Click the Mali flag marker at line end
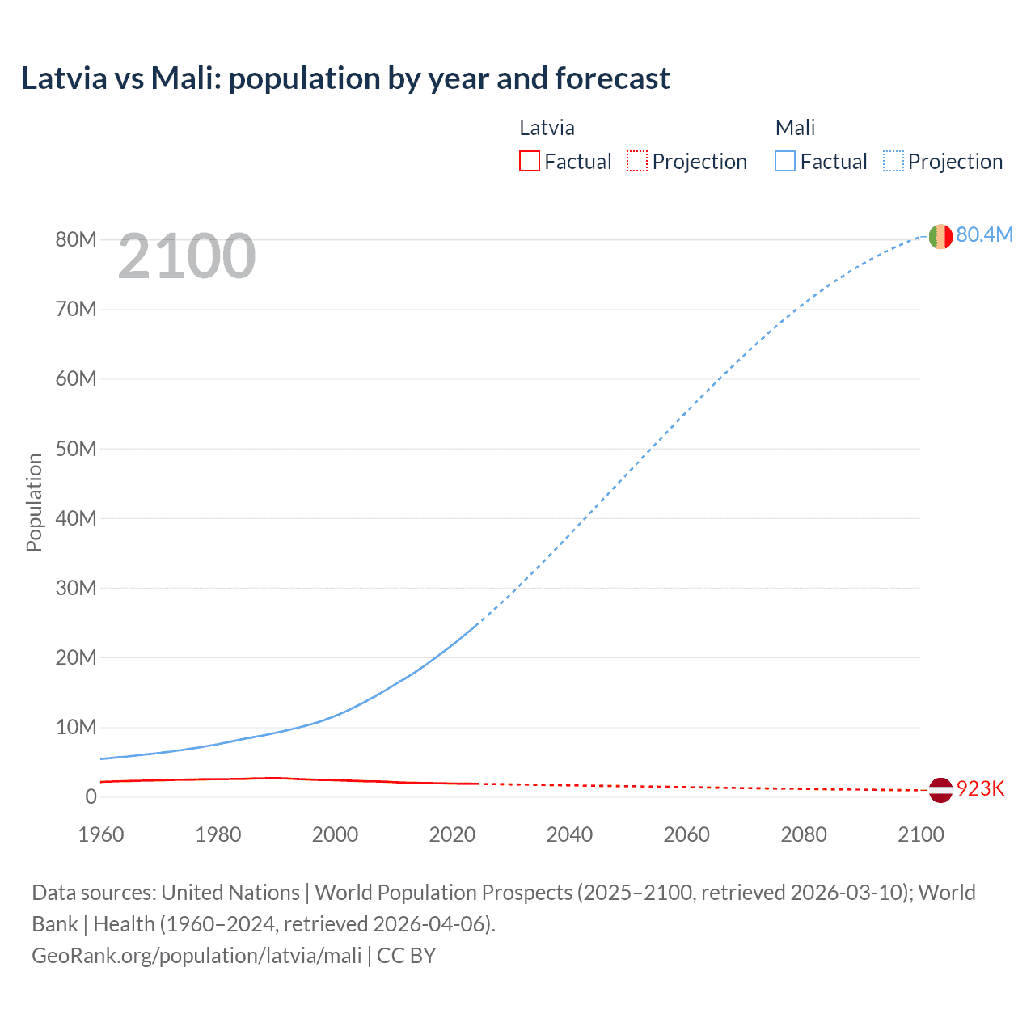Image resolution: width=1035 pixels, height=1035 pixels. click(x=940, y=236)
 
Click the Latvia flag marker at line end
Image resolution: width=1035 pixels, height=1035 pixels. click(x=940, y=790)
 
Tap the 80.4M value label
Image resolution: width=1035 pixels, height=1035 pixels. click(x=984, y=234)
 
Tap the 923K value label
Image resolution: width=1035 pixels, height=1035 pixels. click(x=980, y=789)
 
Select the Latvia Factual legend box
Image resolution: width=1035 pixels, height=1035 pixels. click(x=529, y=162)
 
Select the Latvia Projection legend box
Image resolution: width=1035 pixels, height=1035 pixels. click(x=637, y=162)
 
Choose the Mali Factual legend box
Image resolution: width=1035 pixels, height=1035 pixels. click(x=784, y=162)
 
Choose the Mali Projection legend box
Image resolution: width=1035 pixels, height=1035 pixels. click(x=893, y=162)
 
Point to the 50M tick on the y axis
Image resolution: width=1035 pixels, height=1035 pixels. click(x=76, y=449)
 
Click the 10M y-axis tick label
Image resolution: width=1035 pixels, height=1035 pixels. click(x=76, y=727)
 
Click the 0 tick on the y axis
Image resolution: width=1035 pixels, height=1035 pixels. click(x=91, y=796)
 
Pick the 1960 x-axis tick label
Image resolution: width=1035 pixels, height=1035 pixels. click(x=101, y=834)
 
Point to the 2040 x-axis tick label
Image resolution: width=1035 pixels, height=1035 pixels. click(x=569, y=834)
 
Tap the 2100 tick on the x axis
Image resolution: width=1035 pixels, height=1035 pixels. click(x=920, y=834)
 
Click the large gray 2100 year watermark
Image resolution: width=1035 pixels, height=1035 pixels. click(x=187, y=256)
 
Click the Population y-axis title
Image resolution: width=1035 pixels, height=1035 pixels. click(x=34, y=502)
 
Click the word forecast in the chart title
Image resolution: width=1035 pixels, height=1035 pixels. click(x=612, y=78)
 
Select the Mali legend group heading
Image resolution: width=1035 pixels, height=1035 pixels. click(x=795, y=128)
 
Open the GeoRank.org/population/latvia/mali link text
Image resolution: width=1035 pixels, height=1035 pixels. click(x=196, y=955)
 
